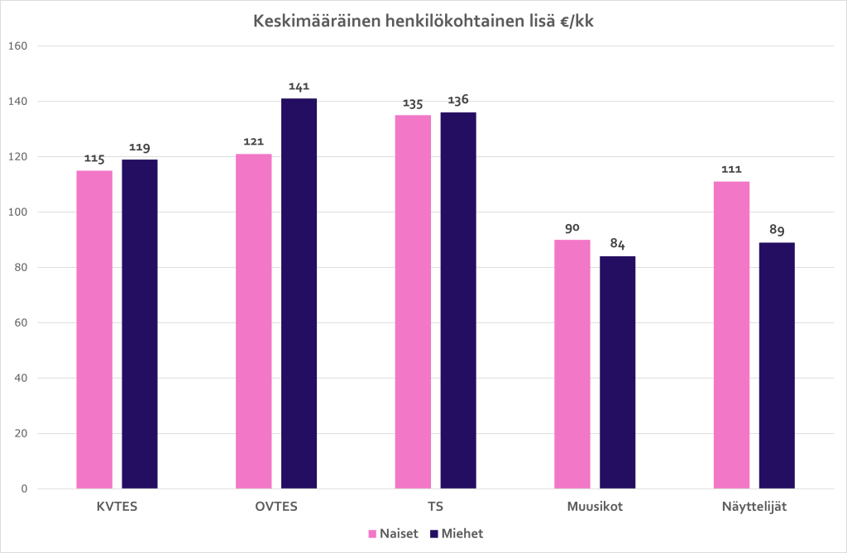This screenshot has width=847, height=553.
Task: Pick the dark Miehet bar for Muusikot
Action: pyautogui.click(x=617, y=373)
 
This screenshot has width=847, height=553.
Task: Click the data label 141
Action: pyautogui.click(x=299, y=87)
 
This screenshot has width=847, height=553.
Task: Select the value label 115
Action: pyautogui.click(x=94, y=159)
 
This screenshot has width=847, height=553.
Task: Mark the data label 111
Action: pyautogui.click(x=731, y=169)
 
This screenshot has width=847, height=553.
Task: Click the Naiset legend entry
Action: pyautogui.click(x=394, y=534)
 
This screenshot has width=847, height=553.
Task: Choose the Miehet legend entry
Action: pyautogui.click(x=457, y=534)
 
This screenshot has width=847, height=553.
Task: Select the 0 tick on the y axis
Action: pyautogui.click(x=25, y=489)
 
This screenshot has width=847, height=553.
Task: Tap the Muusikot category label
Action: pyautogui.click(x=594, y=507)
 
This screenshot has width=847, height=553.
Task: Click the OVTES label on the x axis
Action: pyautogui.click(x=275, y=507)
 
